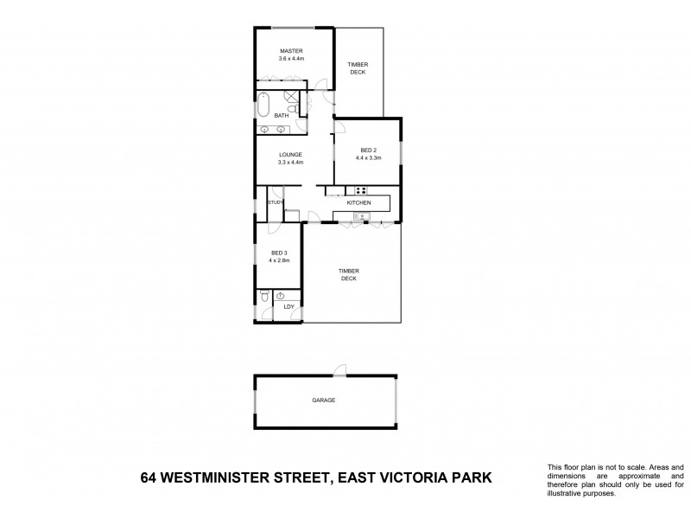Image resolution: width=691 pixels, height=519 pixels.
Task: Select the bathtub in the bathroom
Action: point(263,105)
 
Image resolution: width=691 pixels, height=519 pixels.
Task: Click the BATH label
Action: point(282,115)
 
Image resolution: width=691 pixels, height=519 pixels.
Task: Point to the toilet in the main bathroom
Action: point(295,111)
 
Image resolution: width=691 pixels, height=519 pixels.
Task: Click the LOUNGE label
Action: point(290,155)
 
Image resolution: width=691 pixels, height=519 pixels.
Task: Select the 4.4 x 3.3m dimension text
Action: point(368,158)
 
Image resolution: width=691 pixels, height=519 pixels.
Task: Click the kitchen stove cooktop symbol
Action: point(357,190)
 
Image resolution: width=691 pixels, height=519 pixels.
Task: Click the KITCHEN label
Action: point(358,202)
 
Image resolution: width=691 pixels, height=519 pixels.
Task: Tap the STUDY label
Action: point(276,202)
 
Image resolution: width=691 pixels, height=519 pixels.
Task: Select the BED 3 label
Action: point(279,253)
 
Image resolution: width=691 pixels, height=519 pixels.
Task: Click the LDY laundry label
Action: point(288,307)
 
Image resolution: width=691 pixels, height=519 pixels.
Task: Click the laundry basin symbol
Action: point(281,296)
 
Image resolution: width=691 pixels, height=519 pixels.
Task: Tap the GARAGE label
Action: point(324,400)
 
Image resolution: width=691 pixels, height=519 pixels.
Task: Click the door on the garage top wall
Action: point(342,370)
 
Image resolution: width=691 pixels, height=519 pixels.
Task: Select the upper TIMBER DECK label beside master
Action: point(358,68)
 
